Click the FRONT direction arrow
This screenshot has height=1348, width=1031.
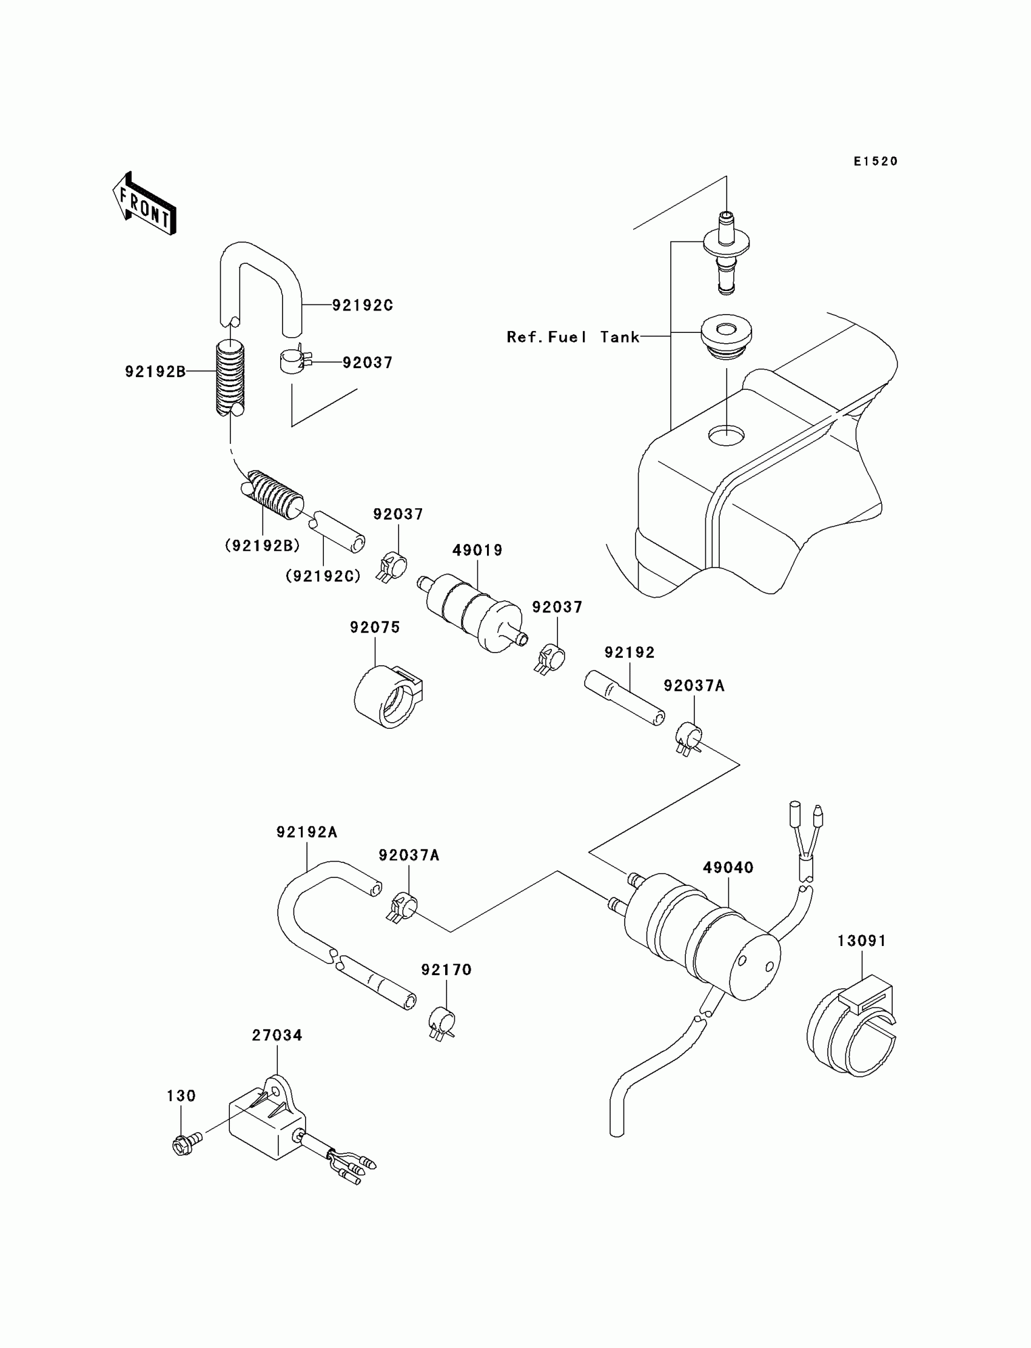[x=144, y=204]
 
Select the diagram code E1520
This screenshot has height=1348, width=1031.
[x=875, y=161]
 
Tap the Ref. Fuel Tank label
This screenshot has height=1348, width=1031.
[x=573, y=337]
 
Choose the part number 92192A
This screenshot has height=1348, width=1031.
[x=307, y=833]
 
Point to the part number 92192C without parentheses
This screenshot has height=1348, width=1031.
[x=362, y=305]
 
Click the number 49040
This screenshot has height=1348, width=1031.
[x=728, y=868]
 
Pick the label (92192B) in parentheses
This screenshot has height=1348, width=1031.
[x=262, y=546]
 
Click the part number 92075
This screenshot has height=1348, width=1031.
[x=375, y=627]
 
